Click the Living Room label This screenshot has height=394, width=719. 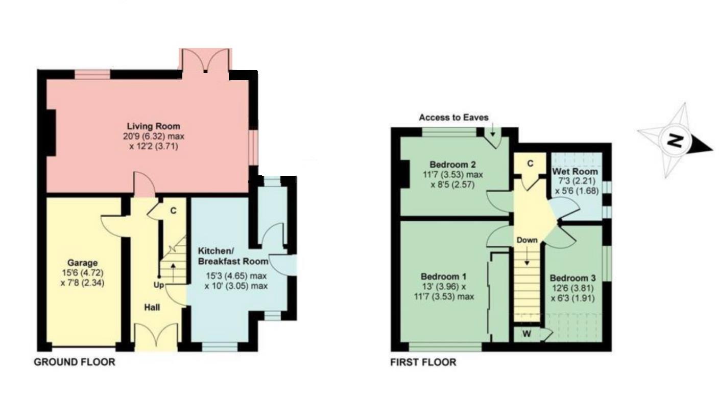click(153, 126)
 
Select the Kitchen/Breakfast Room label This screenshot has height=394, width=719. click(233, 256)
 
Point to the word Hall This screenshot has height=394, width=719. click(152, 307)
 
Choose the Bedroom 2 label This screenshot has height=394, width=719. click(452, 165)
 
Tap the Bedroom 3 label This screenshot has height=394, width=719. click(572, 279)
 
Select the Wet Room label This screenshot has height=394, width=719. click(575, 172)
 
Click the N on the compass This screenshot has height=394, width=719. click(676, 141)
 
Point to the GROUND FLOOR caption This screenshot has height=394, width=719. click(75, 362)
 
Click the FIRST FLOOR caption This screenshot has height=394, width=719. click(423, 363)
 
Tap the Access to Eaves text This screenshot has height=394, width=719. click(453, 118)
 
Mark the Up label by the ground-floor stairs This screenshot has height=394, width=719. click(159, 285)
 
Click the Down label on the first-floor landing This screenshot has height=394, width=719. click(526, 240)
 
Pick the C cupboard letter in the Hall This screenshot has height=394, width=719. click(173, 210)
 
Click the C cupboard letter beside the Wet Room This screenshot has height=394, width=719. click(530, 164)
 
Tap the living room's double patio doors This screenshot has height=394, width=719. click(205, 61)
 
